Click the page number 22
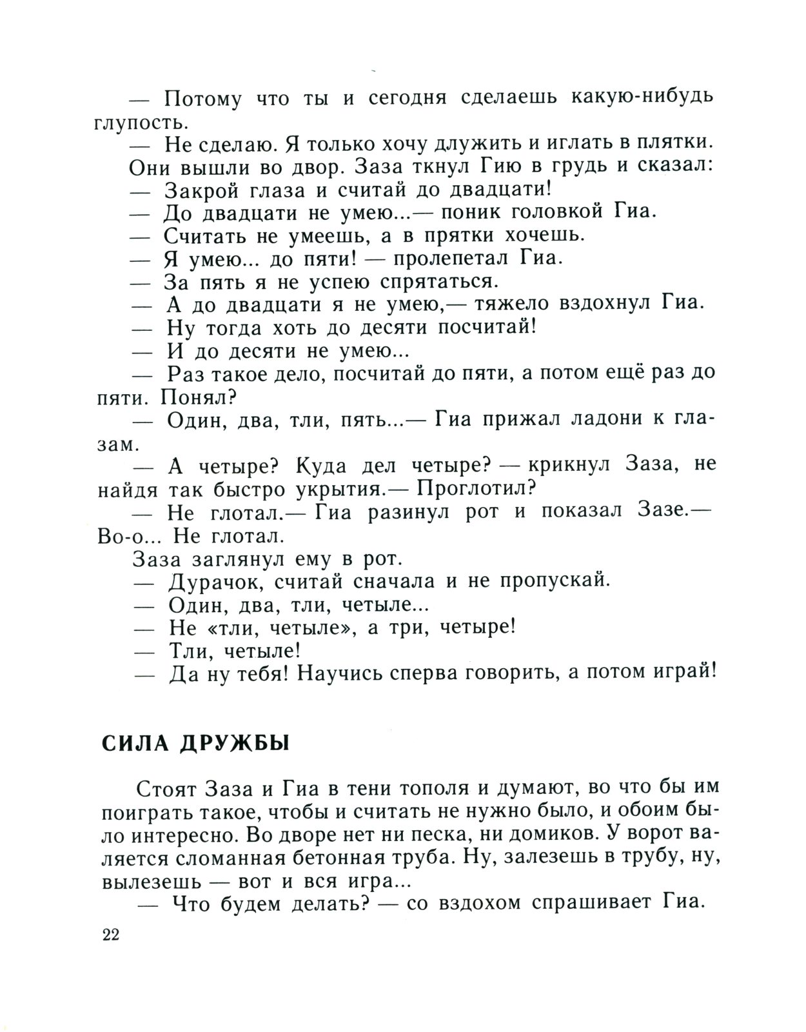(111, 936)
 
